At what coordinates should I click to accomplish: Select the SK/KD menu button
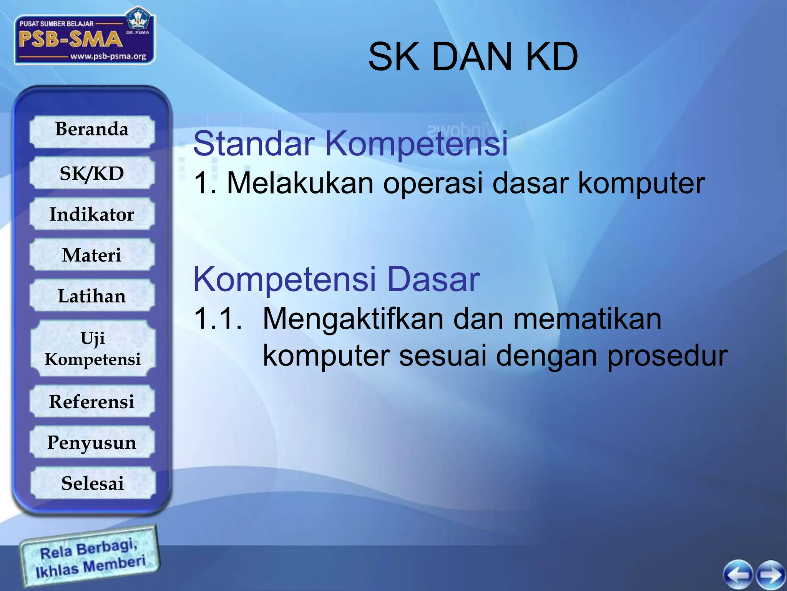click(x=92, y=173)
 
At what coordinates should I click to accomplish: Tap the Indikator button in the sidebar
click(x=92, y=214)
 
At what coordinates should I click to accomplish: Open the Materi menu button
click(x=92, y=255)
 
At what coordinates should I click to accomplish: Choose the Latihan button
click(x=92, y=296)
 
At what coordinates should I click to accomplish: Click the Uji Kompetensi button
click(x=93, y=349)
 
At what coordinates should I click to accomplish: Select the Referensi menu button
click(x=92, y=402)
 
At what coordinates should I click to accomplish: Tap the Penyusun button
click(x=92, y=442)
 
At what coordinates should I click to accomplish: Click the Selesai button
click(x=93, y=483)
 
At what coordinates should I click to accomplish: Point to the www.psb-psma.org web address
click(x=108, y=57)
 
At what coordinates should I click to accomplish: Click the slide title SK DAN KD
click(x=473, y=57)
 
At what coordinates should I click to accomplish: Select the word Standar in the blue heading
click(x=254, y=144)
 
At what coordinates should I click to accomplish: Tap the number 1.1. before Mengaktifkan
click(x=218, y=319)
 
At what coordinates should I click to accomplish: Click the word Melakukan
click(x=300, y=183)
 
